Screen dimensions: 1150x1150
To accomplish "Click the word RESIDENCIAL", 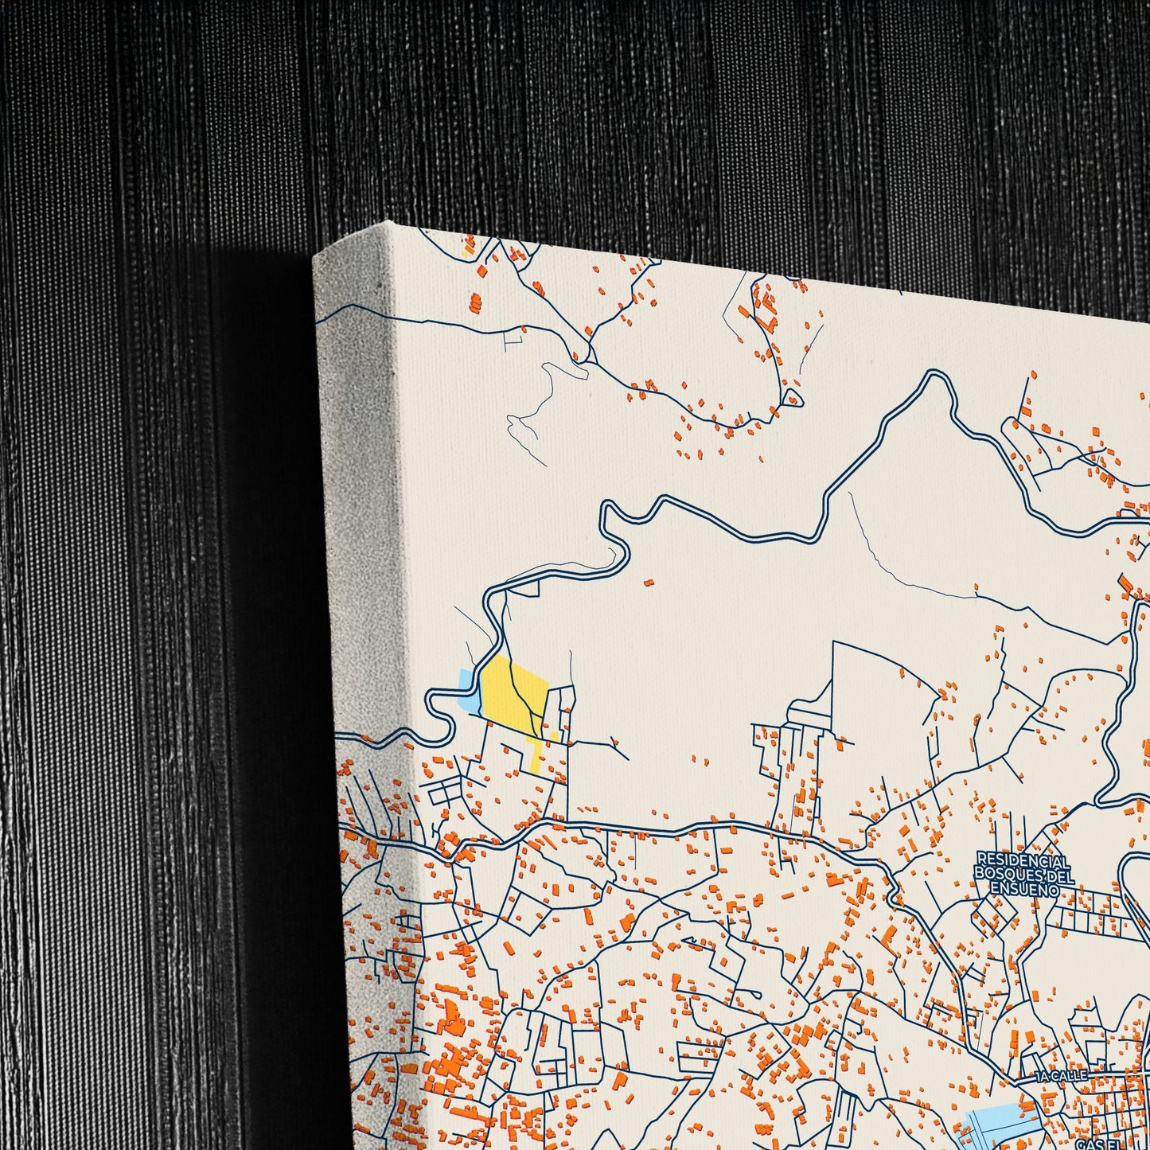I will coord(1023,861).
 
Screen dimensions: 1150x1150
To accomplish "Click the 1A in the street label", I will coord(1044,1076).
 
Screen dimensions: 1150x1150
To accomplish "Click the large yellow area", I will coord(513,691).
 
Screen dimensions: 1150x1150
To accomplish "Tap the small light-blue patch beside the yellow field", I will coord(469,691).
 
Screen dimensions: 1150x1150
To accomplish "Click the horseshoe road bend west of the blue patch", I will coord(438,708).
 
